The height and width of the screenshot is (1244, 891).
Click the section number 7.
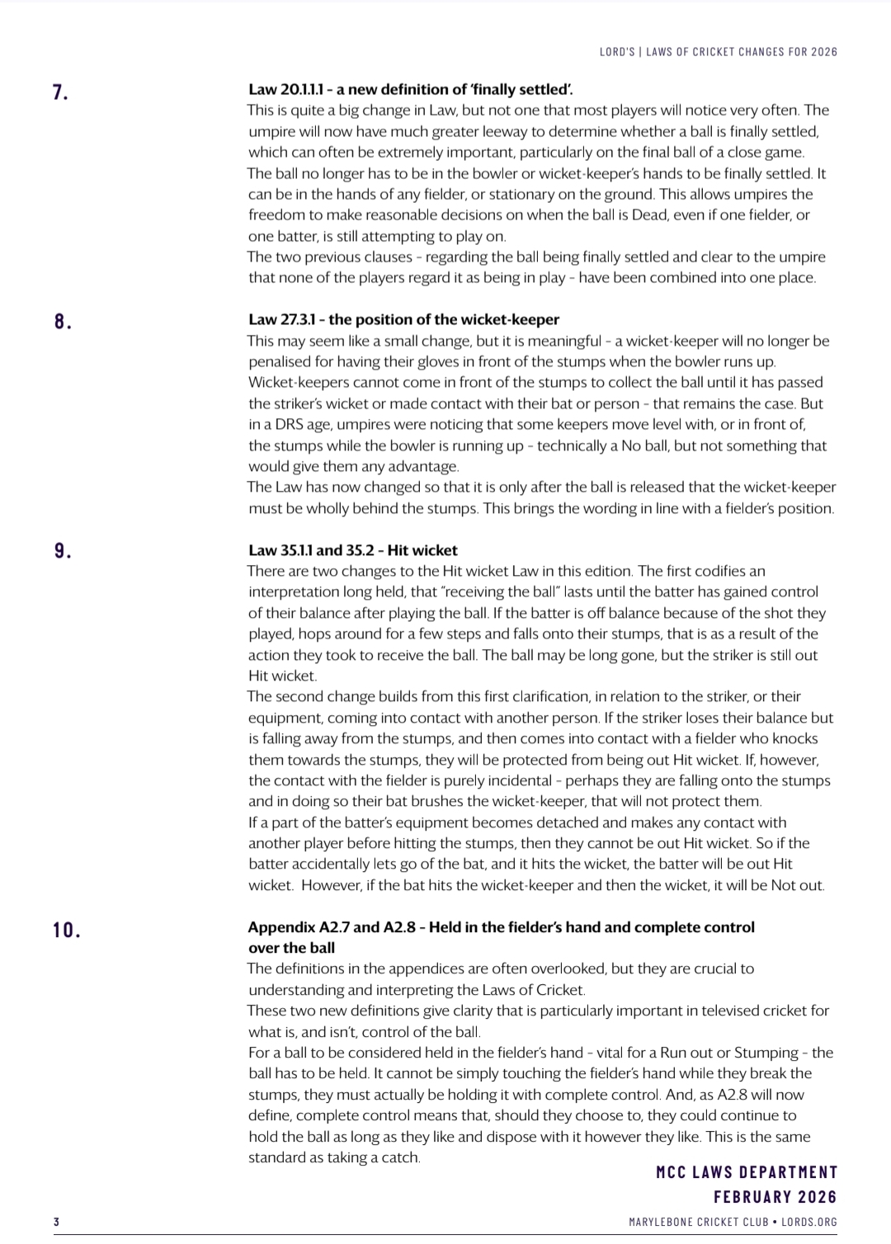pos(59,92)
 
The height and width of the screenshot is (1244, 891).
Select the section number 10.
pos(66,930)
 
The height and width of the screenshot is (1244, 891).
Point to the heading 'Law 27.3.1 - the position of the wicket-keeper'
pos(403,319)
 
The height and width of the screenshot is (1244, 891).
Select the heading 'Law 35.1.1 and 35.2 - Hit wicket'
pos(352,550)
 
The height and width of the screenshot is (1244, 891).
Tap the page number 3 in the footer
pos(56,1222)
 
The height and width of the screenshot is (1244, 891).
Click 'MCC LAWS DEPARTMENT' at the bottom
pos(747,1172)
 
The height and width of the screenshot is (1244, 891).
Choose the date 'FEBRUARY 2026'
pos(775,1197)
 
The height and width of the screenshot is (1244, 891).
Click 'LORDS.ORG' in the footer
pos(809,1222)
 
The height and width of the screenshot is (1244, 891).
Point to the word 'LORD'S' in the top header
pos(617,52)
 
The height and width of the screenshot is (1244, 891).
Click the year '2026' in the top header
pos(823,52)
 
